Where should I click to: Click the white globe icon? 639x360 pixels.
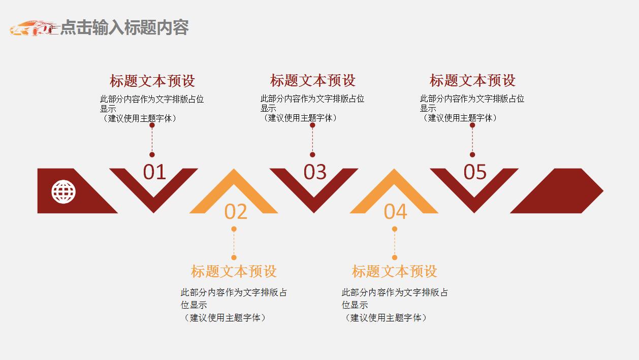tap(63, 192)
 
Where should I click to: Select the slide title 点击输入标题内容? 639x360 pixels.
tap(124, 27)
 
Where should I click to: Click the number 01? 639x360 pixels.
tap(154, 173)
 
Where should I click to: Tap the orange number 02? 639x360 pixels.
tap(236, 212)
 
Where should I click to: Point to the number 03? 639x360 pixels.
tap(315, 173)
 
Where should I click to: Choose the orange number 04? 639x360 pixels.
tap(396, 212)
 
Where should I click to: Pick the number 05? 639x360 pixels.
tap(475, 173)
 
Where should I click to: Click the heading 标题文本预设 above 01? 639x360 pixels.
tap(152, 81)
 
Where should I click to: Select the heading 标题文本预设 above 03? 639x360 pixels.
tap(312, 80)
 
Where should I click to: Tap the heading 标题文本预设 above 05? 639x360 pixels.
tap(472, 80)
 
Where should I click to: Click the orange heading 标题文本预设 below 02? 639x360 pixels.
tap(234, 271)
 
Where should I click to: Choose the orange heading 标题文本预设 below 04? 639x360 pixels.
tap(395, 271)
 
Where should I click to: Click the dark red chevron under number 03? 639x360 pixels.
tap(314, 201)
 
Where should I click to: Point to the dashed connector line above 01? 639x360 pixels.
tap(152, 140)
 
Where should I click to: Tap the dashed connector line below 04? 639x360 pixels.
tap(395, 243)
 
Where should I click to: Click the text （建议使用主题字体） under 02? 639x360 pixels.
tap(224, 318)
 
